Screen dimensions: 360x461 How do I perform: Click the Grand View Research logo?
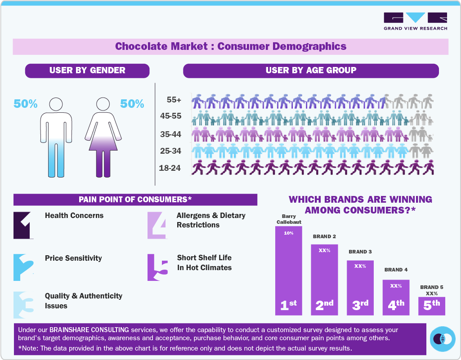pos(415,21)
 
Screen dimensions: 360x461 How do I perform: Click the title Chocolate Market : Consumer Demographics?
pos(231,46)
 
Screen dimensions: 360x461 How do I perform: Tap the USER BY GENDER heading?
pos(87,70)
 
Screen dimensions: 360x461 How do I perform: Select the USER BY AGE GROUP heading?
pos(311,70)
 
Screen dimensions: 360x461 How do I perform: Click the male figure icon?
pos(56,137)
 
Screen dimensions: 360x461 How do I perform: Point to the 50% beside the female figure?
pos(132,104)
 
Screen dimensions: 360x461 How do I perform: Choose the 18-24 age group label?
pos(170,168)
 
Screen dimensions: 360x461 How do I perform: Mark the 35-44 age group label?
pos(170,134)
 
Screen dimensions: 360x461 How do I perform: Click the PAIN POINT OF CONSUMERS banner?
pos(135,199)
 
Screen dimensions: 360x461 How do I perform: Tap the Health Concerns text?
pos(74,215)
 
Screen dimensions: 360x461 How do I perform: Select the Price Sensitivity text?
pos(73,258)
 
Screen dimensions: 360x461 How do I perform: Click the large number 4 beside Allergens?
pos(157,225)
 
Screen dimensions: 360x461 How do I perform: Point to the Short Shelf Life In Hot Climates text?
pos(204,262)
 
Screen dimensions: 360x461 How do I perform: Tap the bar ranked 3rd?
pos(360,288)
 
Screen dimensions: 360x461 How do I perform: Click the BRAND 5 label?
pos(431,287)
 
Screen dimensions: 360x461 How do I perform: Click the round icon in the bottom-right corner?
pos(443,339)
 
